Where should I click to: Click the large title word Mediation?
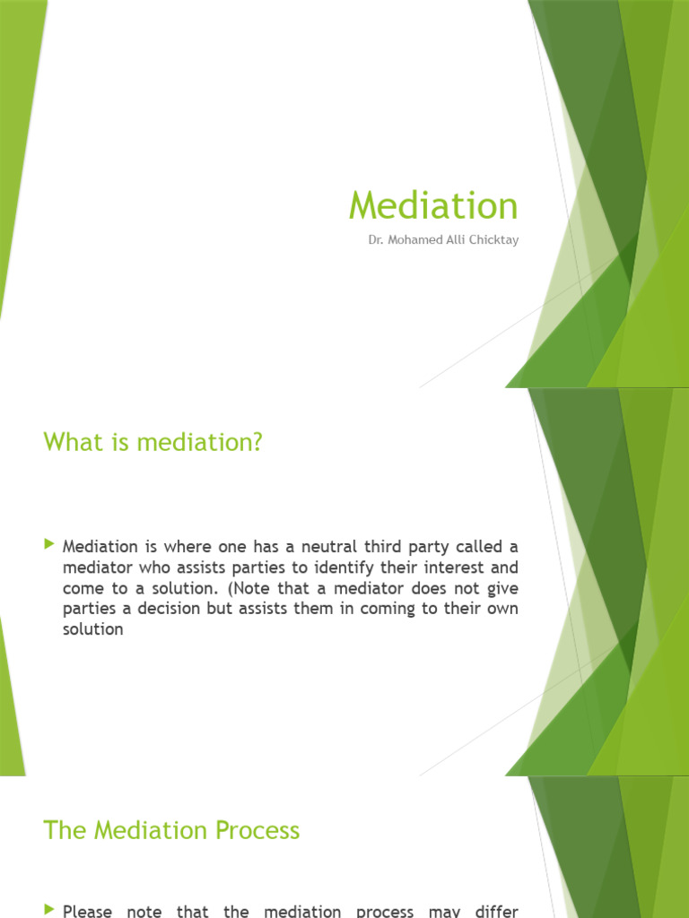[433, 205]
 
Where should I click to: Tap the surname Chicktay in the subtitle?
[493, 240]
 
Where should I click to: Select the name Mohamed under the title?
[412, 240]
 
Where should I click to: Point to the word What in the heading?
[71, 442]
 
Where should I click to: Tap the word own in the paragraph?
[501, 608]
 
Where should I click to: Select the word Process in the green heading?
[258, 830]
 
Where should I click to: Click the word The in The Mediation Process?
[64, 830]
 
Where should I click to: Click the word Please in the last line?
[87, 912]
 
